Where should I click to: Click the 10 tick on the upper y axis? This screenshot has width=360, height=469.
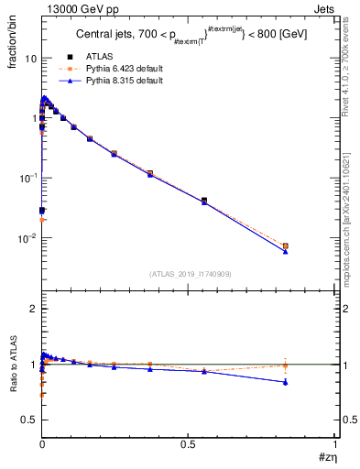29,58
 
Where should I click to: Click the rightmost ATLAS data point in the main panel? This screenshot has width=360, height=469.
286,246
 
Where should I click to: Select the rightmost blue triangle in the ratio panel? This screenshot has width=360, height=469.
286,382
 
